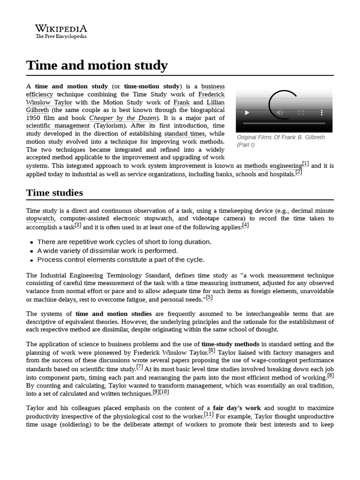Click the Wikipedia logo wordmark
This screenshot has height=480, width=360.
pos(61,29)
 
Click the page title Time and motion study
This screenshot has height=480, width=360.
pos(97,65)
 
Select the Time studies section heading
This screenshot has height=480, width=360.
pos(54,193)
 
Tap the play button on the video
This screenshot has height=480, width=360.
pos(247,112)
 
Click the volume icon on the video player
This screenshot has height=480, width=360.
pos(280,112)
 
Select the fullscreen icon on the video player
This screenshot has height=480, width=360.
pos(301,112)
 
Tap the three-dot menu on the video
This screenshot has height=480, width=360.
pos(322,112)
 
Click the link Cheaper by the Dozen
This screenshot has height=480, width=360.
pos(123,118)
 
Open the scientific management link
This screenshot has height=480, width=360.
pos(58,126)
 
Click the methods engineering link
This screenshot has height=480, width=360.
pos(273,166)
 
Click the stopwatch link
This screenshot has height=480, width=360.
pos(40,218)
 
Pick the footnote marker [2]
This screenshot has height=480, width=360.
pos(299,172)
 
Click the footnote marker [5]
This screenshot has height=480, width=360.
pos(209,297)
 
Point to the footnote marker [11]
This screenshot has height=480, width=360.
pos(209,414)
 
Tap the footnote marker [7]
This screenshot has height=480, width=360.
pos(140,367)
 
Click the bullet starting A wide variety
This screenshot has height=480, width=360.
pos(107,251)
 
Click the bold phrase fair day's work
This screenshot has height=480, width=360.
pos(237,408)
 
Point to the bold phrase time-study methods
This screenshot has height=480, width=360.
pos(231,344)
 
